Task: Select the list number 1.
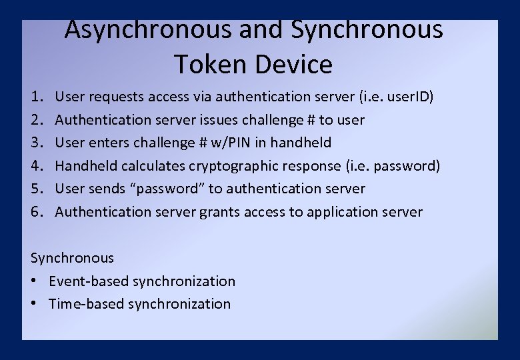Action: [x=36, y=97]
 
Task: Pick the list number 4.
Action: [x=36, y=166]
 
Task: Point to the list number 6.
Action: [x=36, y=212]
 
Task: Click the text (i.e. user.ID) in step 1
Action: [x=396, y=97]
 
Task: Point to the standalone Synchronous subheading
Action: [x=72, y=258]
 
